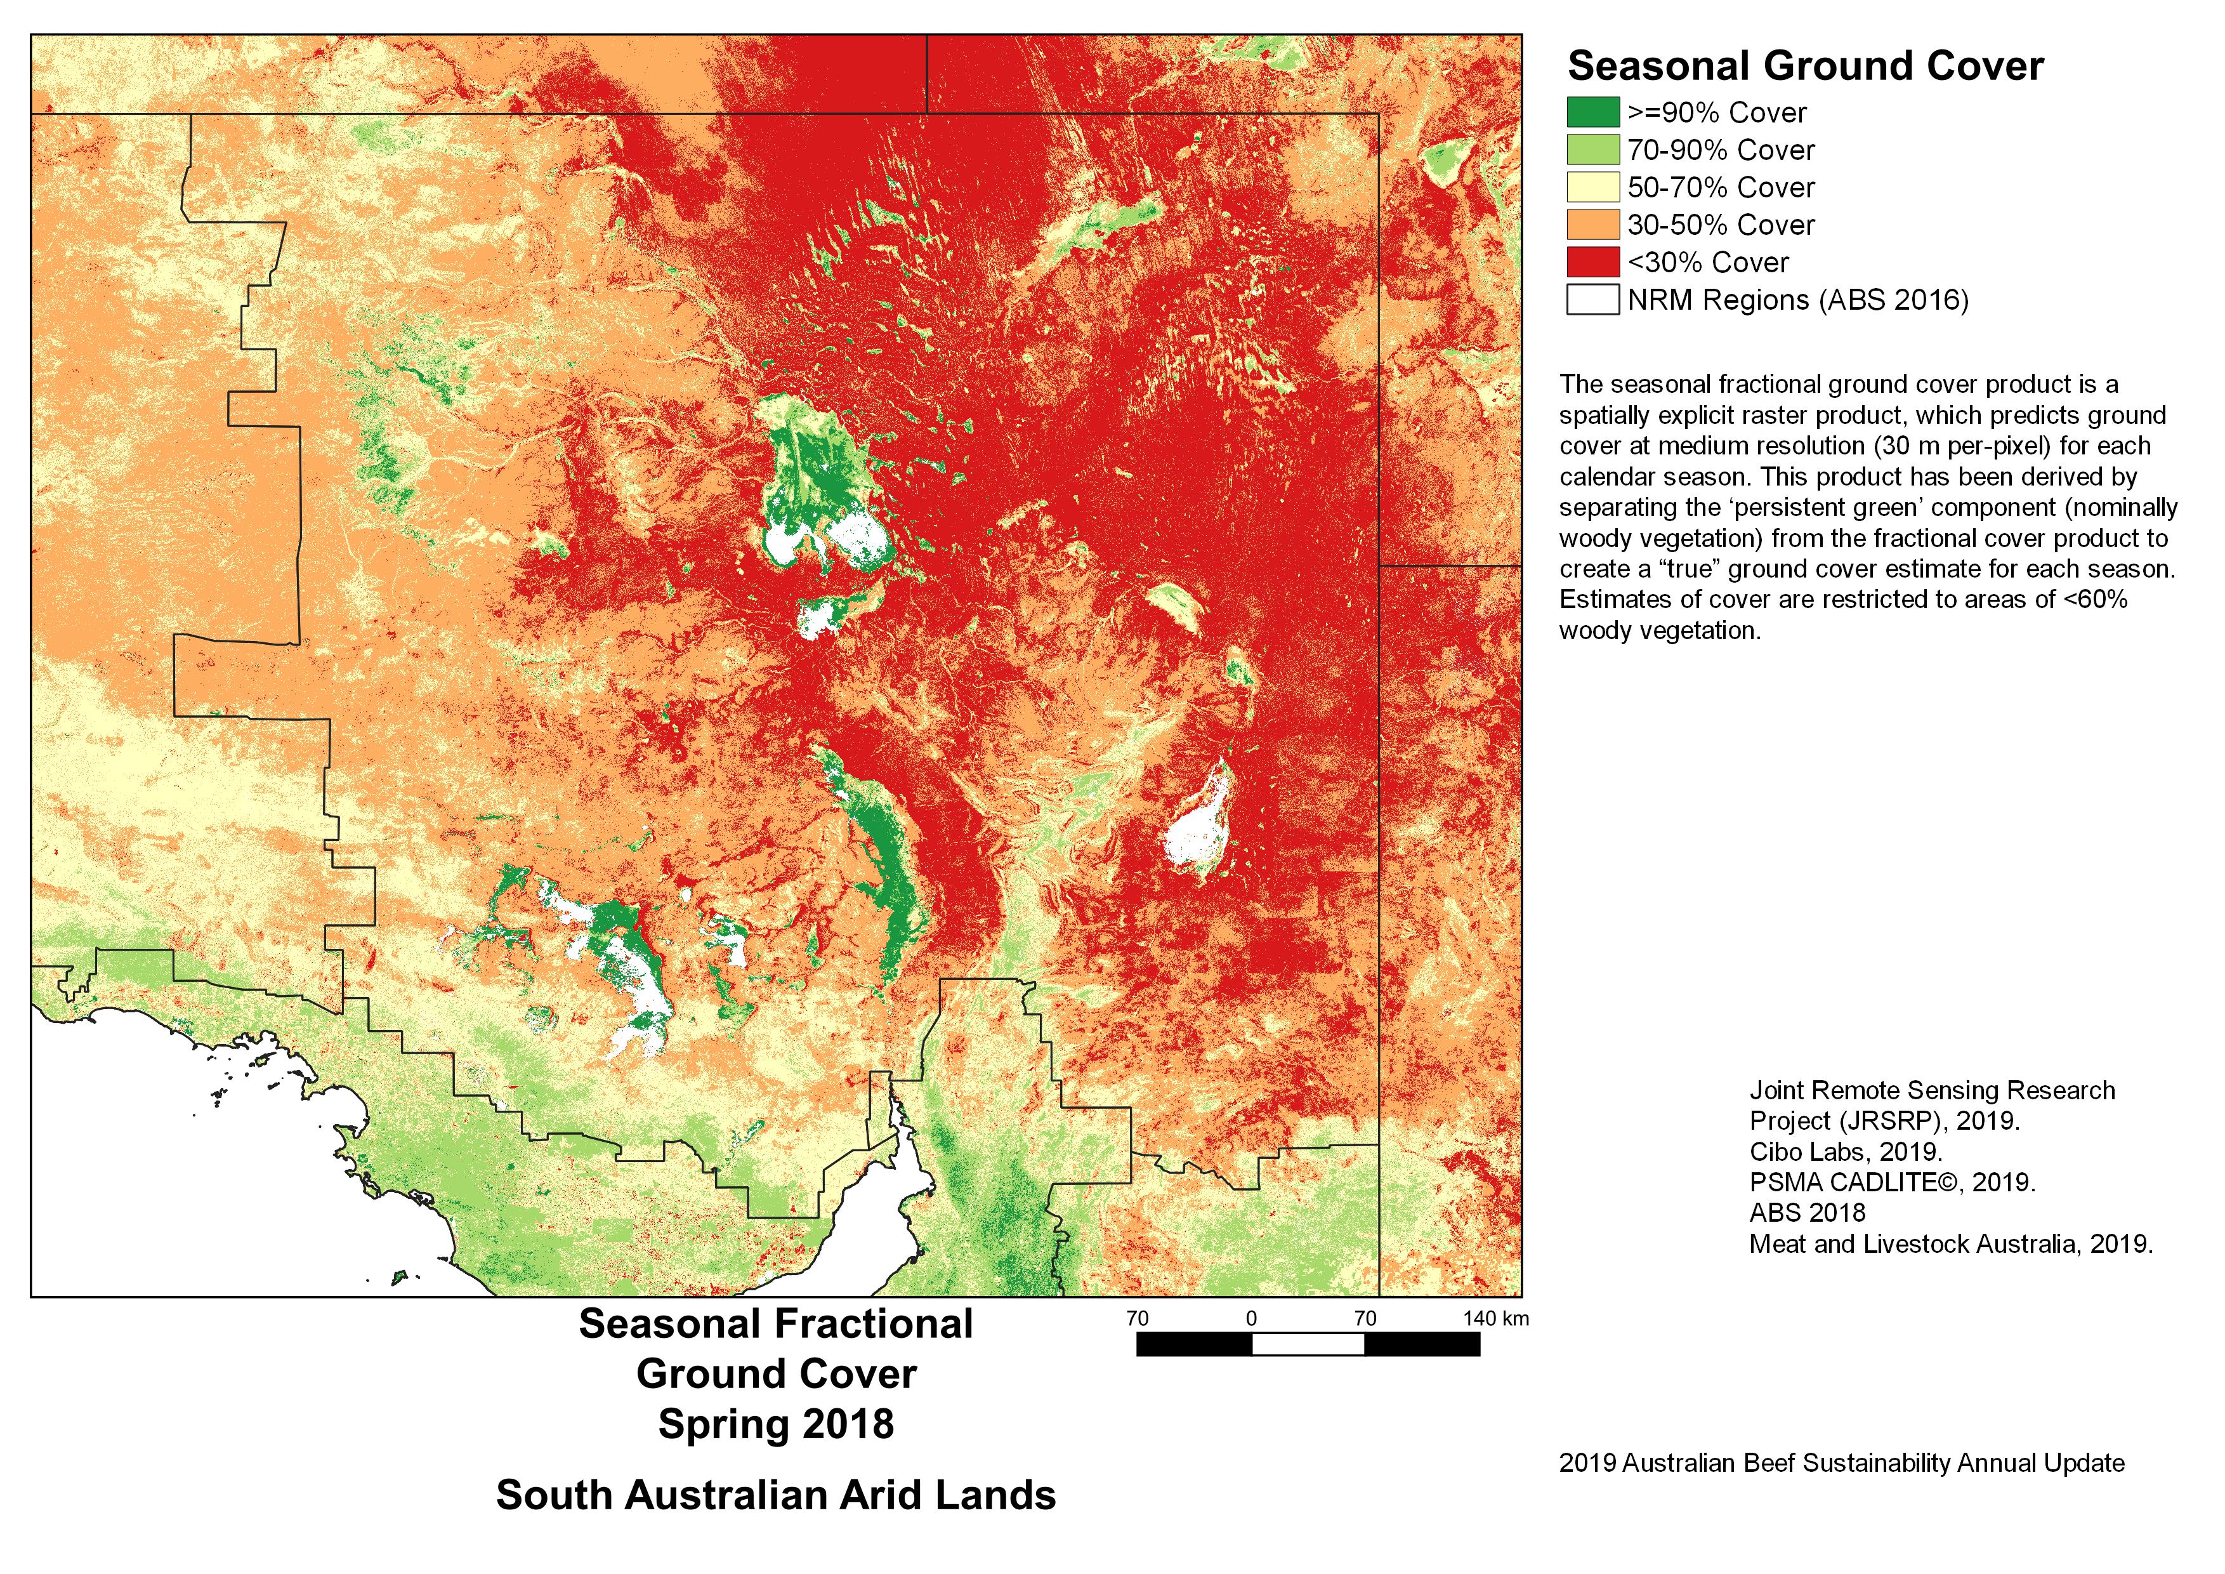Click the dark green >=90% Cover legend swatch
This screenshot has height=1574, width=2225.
point(1592,112)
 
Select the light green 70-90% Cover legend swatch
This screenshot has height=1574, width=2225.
point(1592,150)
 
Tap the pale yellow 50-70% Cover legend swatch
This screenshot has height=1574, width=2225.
point(1592,187)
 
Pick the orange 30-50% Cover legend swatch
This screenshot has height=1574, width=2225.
point(1592,225)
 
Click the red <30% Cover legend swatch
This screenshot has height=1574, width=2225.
point(1592,261)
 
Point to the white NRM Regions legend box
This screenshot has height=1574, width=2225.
point(1592,300)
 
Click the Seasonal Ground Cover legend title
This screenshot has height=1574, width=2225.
point(1804,66)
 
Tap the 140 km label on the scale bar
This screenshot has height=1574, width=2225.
point(1495,1318)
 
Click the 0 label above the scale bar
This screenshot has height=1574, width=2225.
point(1251,1318)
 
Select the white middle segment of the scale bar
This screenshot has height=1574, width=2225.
point(1308,1344)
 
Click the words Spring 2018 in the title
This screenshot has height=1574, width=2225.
point(775,1424)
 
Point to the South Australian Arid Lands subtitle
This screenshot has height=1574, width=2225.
point(775,1495)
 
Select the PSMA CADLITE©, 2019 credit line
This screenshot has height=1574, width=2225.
point(1892,1182)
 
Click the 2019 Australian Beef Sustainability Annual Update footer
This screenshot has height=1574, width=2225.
point(1841,1462)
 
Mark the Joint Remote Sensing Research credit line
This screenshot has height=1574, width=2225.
point(1931,1090)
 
